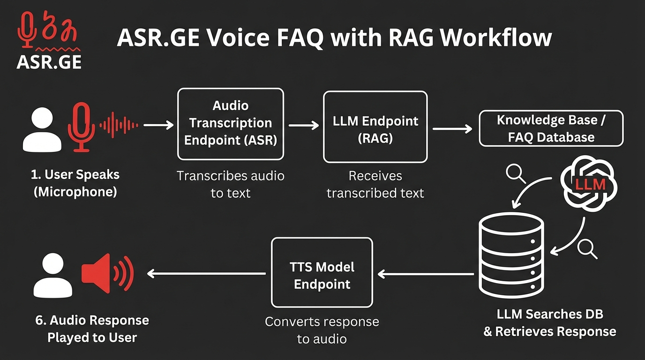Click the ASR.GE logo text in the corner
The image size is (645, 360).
(49, 62)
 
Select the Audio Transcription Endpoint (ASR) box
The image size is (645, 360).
(230, 124)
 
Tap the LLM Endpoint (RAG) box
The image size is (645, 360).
(375, 127)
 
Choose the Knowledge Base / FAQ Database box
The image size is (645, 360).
(551, 128)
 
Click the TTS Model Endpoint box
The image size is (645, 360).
(322, 273)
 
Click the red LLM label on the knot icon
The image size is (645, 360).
(591, 184)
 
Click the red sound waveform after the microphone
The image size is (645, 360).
(119, 125)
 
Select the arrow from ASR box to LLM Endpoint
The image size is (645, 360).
(303, 125)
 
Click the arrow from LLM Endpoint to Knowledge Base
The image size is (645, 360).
(452, 128)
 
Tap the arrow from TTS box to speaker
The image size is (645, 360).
(206, 273)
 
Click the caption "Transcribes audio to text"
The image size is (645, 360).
(230, 184)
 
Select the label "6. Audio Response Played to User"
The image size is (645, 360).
(92, 329)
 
